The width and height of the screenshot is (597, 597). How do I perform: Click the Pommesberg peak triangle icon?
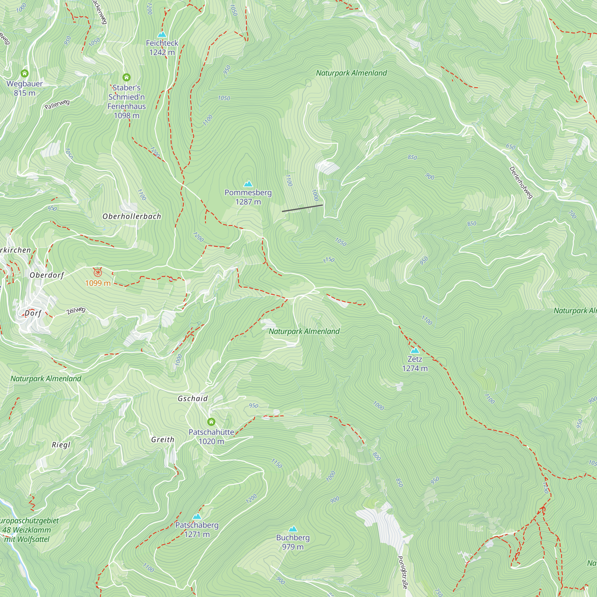tap(248, 184)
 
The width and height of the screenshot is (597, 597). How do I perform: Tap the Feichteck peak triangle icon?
tap(162, 35)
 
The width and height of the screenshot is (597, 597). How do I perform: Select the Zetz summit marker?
tap(415, 350)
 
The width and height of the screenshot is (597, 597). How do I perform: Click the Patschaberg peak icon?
tap(197, 516)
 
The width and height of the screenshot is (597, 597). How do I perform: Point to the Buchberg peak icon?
tap(293, 529)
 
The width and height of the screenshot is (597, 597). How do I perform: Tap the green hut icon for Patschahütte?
tap(211, 422)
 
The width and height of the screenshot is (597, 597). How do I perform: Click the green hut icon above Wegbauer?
tap(24, 73)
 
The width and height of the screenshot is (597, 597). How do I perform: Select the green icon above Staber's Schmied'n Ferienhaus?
tap(126, 77)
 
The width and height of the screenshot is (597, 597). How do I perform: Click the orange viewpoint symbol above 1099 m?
tap(98, 273)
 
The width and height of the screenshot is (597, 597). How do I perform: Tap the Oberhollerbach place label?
tap(132, 216)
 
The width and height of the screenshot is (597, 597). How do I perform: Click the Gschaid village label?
tap(193, 398)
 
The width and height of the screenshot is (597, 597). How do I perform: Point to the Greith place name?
tap(163, 439)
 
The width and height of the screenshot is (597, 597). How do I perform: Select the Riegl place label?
tap(61, 445)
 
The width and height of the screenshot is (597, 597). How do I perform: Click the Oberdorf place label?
tap(47, 275)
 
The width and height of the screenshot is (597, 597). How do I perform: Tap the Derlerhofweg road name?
tap(521, 182)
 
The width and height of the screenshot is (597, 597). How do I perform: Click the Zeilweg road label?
tap(76, 310)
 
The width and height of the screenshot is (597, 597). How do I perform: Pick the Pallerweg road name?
tap(57, 104)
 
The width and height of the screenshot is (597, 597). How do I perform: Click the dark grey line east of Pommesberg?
tap(302, 208)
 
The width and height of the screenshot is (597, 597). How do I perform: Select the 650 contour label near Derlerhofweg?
tap(510, 147)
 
